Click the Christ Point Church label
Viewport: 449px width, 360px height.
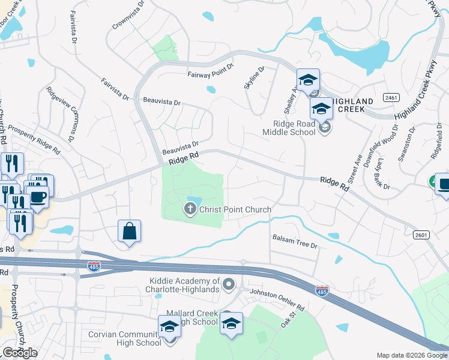pyautogui.click(x=235, y=209)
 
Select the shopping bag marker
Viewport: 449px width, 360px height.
pyautogui.click(x=129, y=231)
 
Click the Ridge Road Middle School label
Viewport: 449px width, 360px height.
pyautogui.click(x=290, y=127)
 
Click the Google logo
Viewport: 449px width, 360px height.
pyautogui.click(x=20, y=353)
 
